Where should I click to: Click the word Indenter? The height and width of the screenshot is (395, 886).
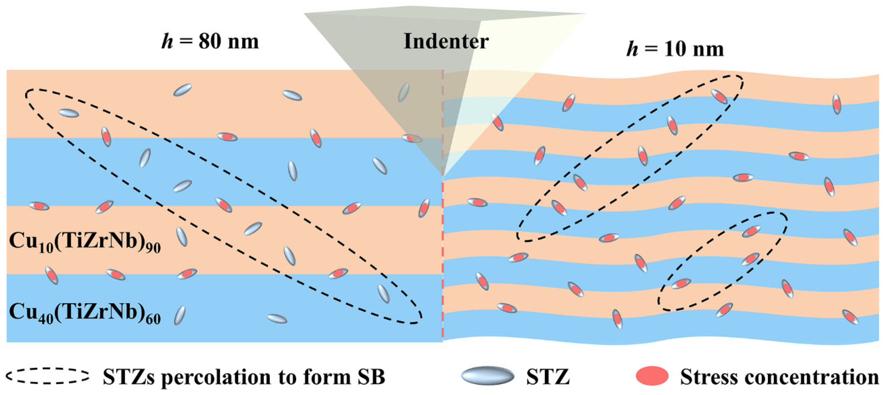446,41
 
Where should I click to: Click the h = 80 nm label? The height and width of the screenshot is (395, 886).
210,41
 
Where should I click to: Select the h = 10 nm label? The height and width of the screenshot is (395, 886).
675,49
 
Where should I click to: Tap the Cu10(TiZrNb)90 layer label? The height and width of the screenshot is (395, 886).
85,241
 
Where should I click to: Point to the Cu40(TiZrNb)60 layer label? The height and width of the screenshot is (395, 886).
85,313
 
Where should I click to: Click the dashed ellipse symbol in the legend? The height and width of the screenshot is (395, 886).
47,376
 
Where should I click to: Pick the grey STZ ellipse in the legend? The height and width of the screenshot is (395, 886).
488,376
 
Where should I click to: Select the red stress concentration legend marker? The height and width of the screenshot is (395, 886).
652,376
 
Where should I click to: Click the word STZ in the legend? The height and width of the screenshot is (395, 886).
548,377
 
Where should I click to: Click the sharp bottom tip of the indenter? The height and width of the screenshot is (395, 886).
443,175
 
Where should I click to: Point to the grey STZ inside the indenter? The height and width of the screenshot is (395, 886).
403,93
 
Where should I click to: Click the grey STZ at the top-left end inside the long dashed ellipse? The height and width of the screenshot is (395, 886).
69,113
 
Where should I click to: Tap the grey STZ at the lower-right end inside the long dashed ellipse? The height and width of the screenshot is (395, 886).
383,294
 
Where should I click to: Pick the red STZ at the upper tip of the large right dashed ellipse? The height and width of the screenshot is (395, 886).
719,96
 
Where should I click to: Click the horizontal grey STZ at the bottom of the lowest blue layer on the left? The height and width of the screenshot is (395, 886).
277,319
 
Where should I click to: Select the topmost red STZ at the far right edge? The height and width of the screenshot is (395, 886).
837,104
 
